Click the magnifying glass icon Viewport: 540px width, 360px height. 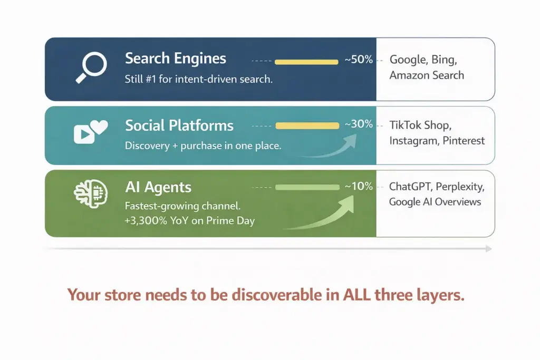91,67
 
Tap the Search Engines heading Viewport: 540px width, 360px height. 175,58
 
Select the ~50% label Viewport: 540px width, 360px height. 359,60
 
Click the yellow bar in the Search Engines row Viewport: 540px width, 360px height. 306,62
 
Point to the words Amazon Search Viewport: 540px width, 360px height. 427,75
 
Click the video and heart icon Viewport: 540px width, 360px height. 90,132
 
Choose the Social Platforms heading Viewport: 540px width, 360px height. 179,125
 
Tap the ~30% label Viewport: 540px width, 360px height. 359,124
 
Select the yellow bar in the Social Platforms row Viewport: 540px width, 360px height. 307,125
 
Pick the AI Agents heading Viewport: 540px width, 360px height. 158,187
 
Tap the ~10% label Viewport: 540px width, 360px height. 359,186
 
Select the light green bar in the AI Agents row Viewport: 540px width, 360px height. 307,187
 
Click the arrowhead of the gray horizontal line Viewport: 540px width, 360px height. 489,248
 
